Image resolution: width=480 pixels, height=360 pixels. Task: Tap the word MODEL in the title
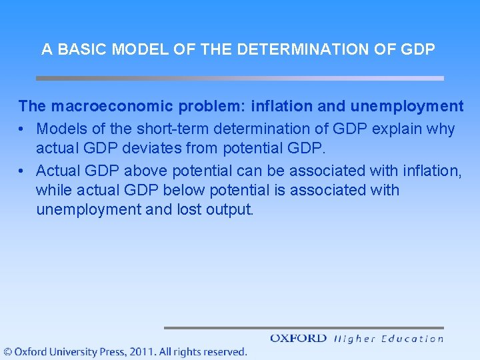(x=130, y=49)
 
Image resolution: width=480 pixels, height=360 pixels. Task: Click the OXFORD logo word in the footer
(x=299, y=338)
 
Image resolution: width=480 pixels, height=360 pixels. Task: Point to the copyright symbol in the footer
(x=7, y=352)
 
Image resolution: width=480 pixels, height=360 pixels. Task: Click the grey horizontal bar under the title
(x=239, y=78)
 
